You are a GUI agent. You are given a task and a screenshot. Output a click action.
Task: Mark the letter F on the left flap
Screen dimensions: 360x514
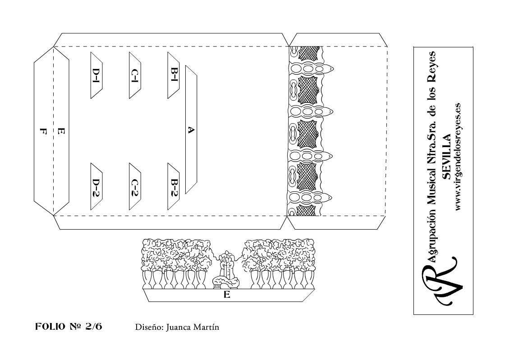coord(43,132)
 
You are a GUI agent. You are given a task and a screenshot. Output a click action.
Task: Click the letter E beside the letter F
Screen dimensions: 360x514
coord(61,132)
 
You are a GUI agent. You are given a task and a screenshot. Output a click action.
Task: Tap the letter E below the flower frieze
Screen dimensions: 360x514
coord(227,295)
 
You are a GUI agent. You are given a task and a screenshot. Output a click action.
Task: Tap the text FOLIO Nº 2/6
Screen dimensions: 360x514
coord(69,327)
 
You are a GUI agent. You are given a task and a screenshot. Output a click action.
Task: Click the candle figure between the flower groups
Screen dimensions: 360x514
coord(226,271)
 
